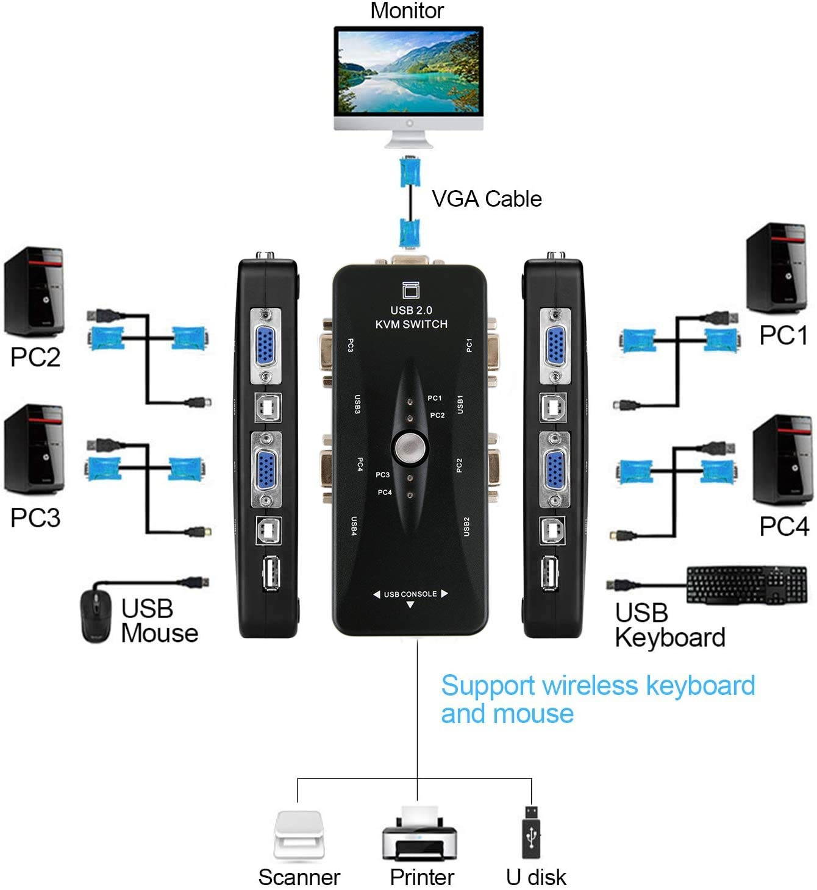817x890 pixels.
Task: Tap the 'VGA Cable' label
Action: [x=487, y=199]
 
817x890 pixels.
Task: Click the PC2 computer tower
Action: [x=35, y=291]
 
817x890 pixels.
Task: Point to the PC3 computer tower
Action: [x=35, y=450]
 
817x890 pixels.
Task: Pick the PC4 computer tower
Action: [x=783, y=460]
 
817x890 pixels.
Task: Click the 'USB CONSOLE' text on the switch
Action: [x=410, y=594]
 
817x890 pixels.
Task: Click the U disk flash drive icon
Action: [x=532, y=832]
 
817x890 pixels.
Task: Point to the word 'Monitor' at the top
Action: [x=407, y=10]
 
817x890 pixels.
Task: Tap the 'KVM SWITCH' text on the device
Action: [x=411, y=324]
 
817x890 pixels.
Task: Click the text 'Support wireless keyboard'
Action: [x=598, y=685]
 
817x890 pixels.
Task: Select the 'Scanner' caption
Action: [x=299, y=877]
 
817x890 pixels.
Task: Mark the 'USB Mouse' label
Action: [x=159, y=621]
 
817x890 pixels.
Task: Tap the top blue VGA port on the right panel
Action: [x=555, y=346]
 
